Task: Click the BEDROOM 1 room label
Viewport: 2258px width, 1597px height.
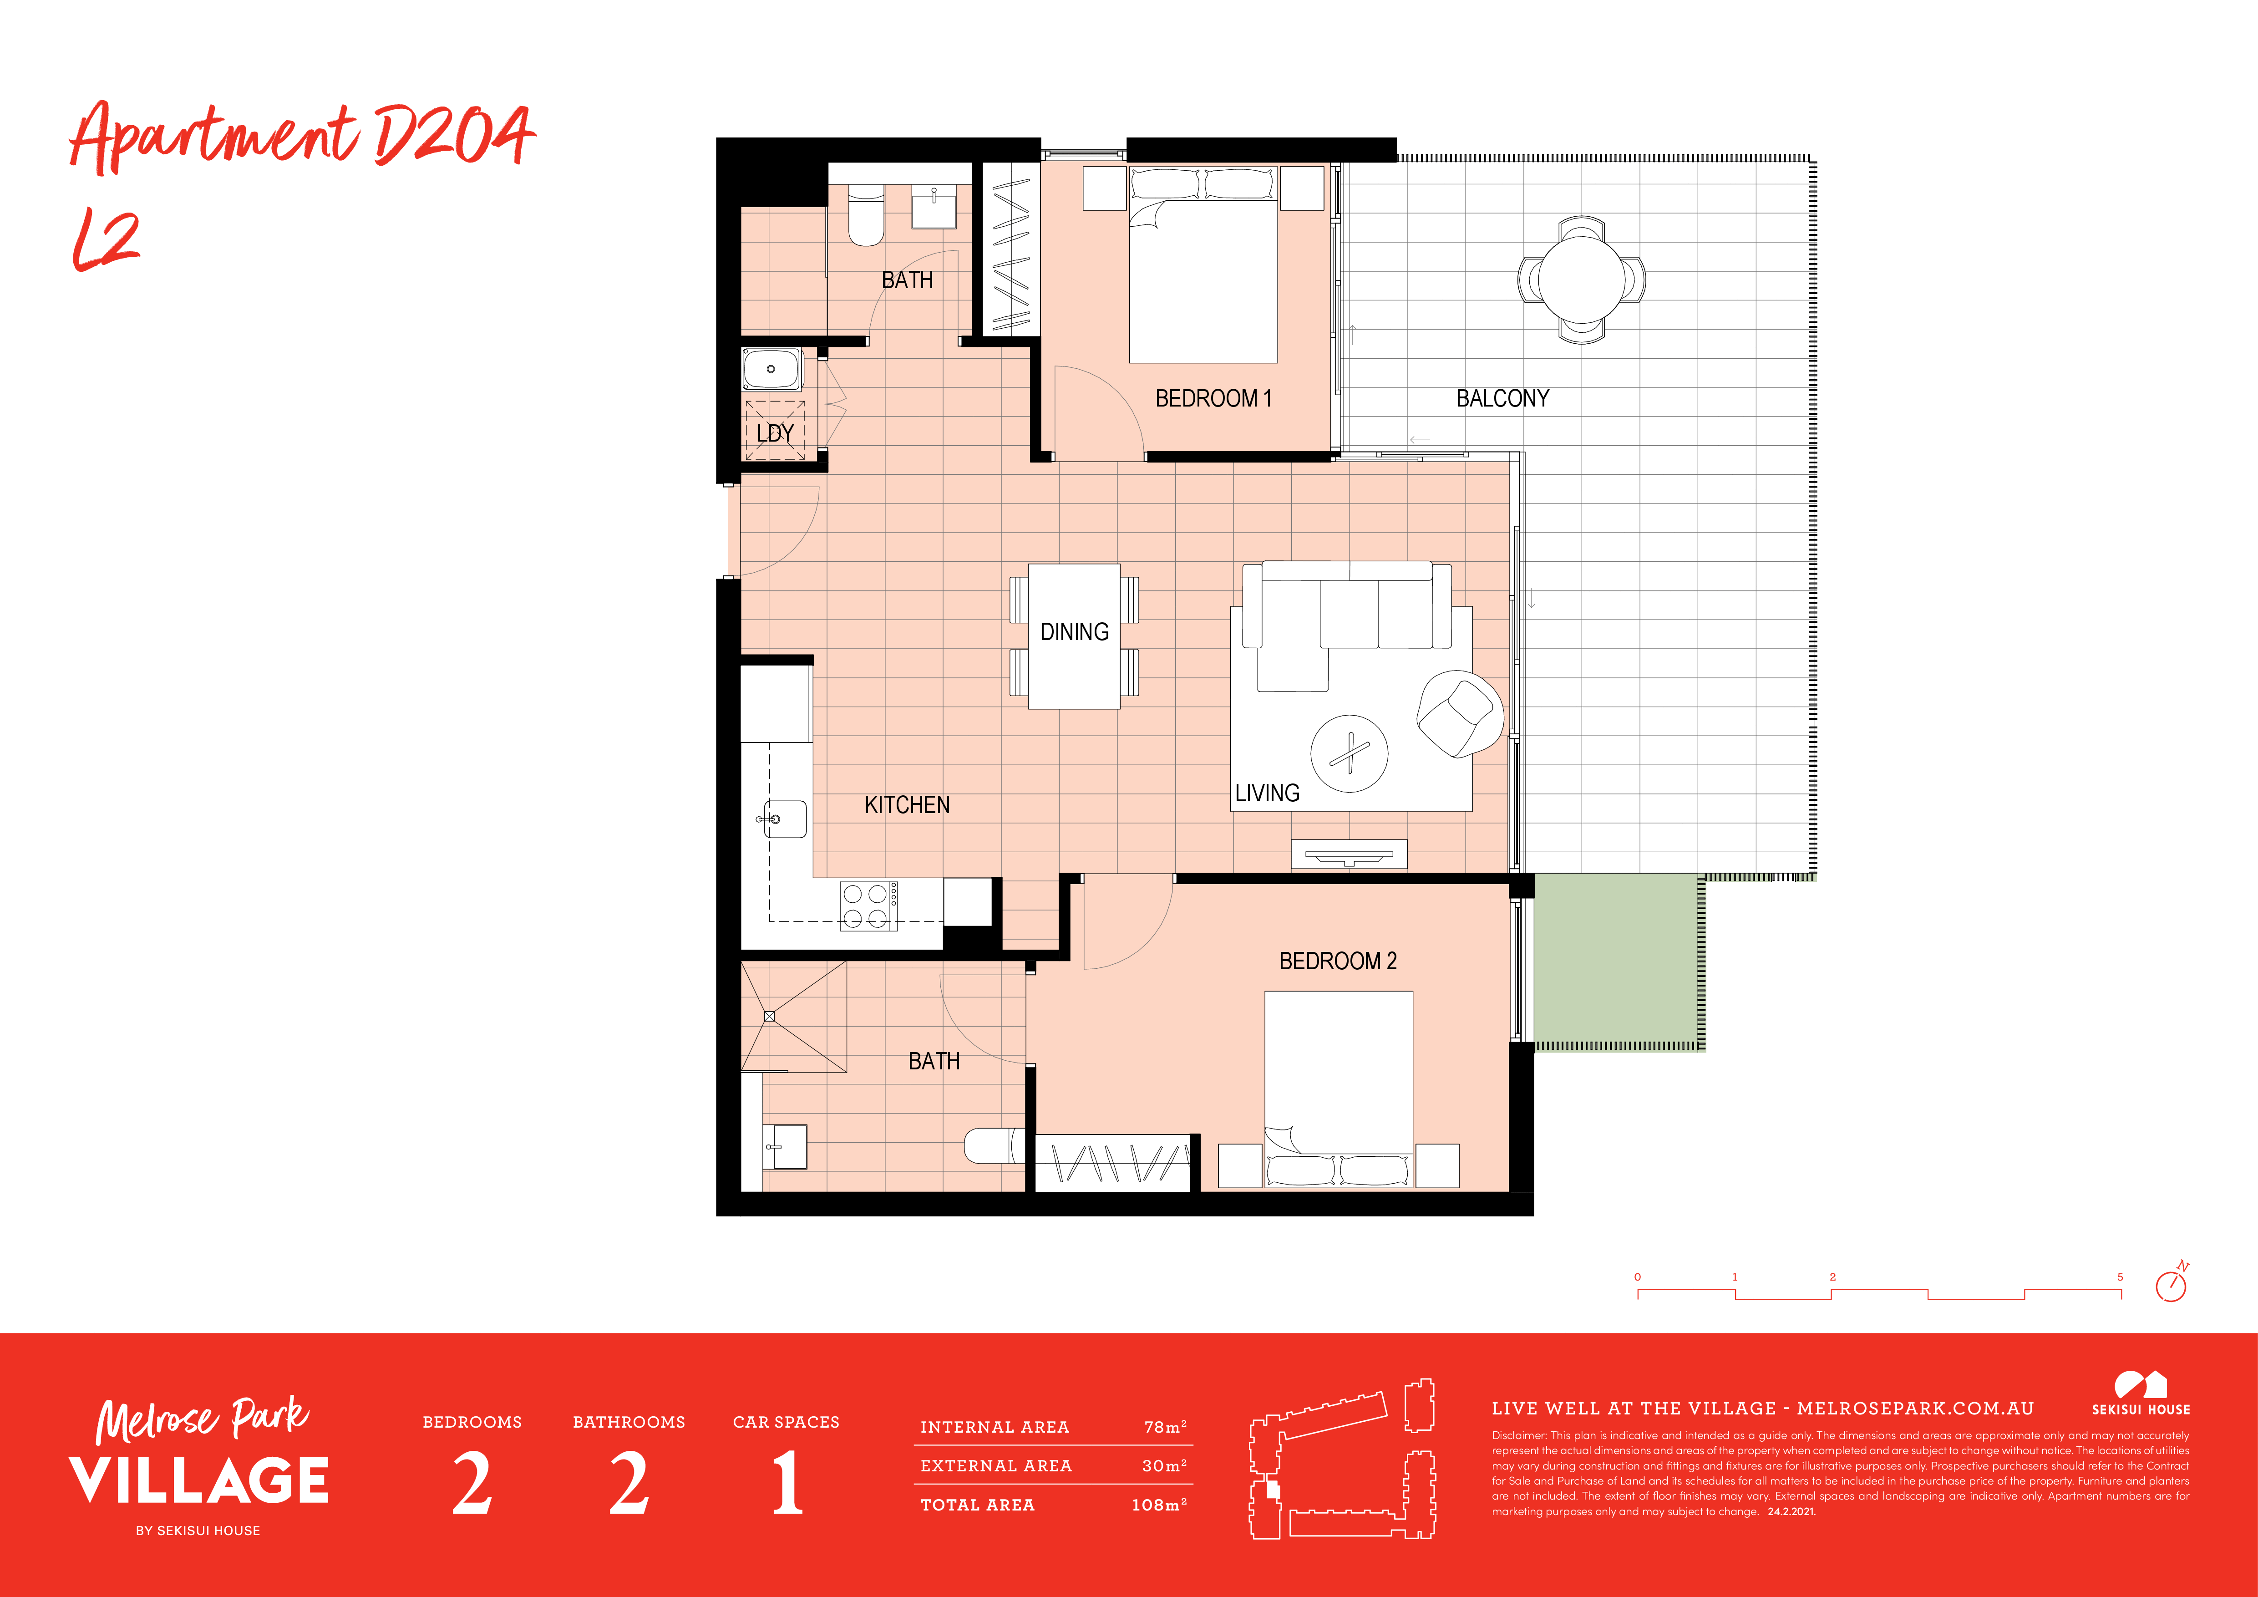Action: click(x=1213, y=398)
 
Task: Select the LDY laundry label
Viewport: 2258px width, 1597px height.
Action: click(x=775, y=432)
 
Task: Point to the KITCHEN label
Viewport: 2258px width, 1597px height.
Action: click(x=907, y=805)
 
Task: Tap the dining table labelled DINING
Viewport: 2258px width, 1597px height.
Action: click(x=1074, y=636)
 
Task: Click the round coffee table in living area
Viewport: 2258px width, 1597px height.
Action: click(x=1349, y=753)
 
